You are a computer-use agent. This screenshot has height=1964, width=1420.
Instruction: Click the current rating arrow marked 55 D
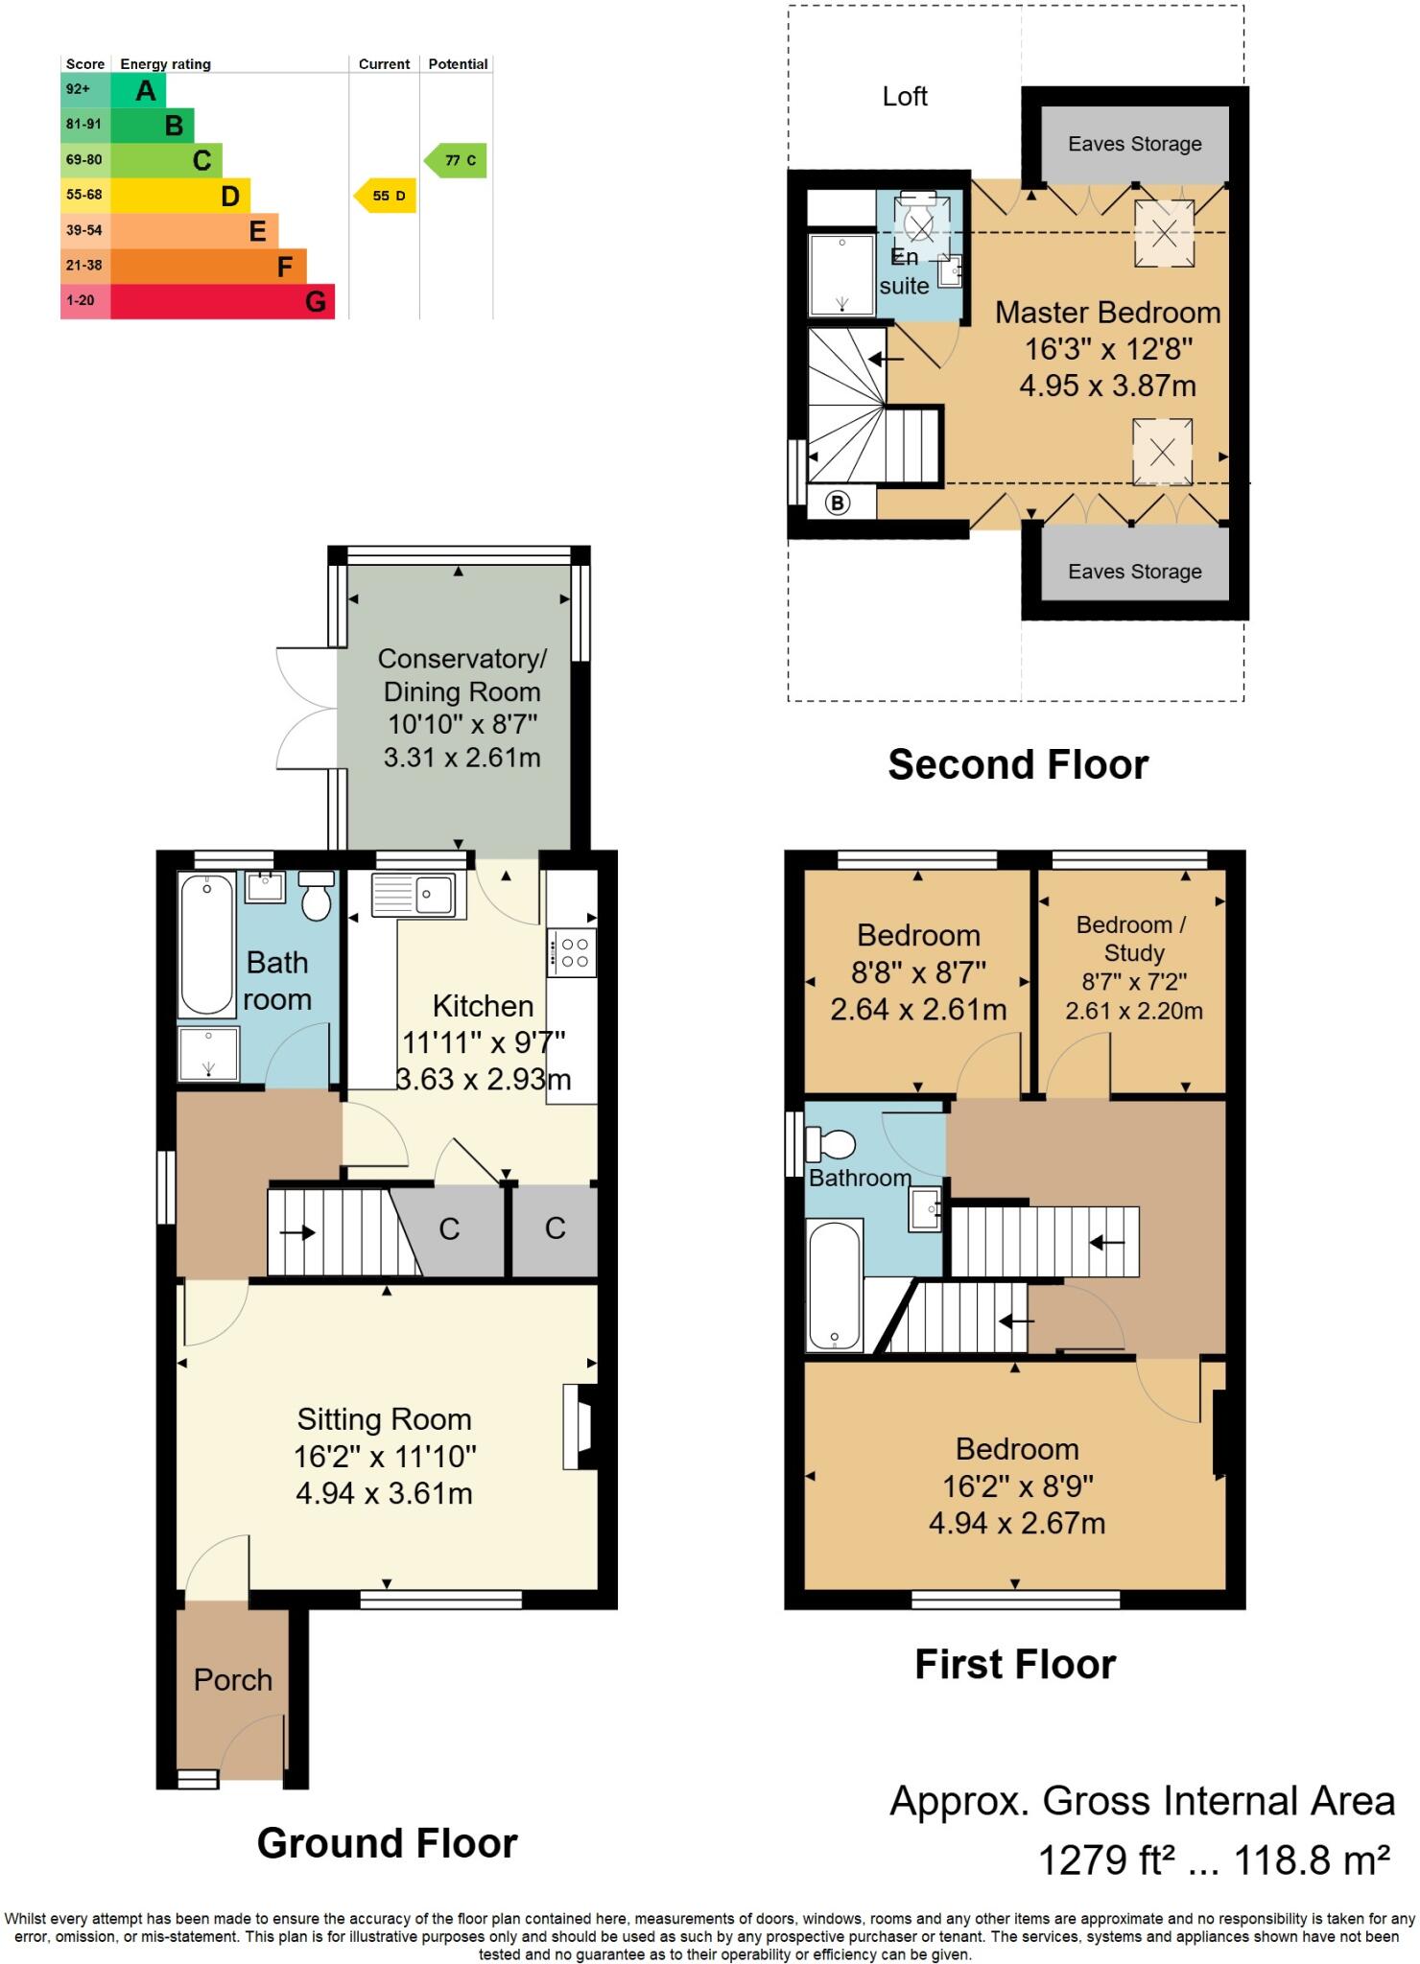point(385,196)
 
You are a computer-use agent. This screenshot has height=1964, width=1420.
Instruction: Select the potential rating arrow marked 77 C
point(456,160)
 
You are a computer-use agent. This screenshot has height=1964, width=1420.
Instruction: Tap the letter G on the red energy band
point(316,302)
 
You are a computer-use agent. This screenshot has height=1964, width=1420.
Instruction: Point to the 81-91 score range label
point(83,125)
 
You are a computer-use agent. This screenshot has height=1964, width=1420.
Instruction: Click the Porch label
point(233,1679)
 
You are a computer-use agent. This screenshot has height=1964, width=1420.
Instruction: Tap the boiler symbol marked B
point(838,503)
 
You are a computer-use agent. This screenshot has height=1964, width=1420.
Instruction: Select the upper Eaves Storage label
point(1135,144)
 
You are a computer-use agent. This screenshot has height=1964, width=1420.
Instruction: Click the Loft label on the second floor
point(905,96)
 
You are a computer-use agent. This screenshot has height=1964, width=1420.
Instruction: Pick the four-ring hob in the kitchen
point(573,951)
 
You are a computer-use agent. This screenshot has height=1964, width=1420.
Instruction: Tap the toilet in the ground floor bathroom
point(316,894)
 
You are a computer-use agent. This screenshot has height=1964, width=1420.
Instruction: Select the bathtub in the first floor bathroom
point(834,1284)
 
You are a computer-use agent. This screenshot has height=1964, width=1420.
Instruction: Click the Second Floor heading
point(1018,764)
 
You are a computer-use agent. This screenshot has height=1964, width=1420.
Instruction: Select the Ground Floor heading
point(388,1842)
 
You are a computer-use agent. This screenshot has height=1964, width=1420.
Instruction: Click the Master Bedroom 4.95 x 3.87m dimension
point(1107,386)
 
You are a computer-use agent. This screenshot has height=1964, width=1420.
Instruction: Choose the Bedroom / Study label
point(1132,938)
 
